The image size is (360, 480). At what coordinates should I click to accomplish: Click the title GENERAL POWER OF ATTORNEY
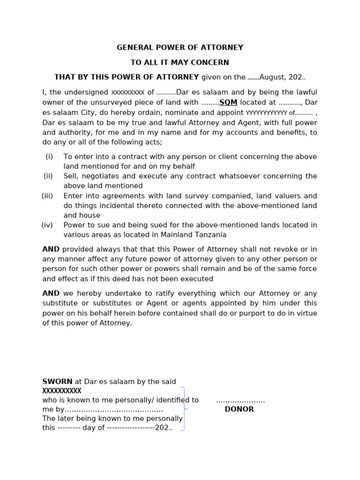[180, 47]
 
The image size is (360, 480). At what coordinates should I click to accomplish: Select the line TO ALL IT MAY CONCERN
[180, 62]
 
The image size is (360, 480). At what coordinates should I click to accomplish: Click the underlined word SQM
[228, 102]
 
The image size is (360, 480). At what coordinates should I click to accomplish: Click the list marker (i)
[49, 157]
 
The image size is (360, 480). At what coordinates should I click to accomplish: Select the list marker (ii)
[48, 176]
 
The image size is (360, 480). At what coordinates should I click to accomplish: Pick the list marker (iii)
[47, 196]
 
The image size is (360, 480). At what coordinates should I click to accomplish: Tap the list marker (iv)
[47, 225]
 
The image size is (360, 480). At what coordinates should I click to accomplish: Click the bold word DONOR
[239, 409]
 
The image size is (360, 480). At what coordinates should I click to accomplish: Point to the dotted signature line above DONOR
[240, 401]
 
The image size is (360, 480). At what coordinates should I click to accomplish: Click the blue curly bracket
[184, 409]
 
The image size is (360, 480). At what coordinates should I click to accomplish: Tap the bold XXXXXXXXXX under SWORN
[62, 391]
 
